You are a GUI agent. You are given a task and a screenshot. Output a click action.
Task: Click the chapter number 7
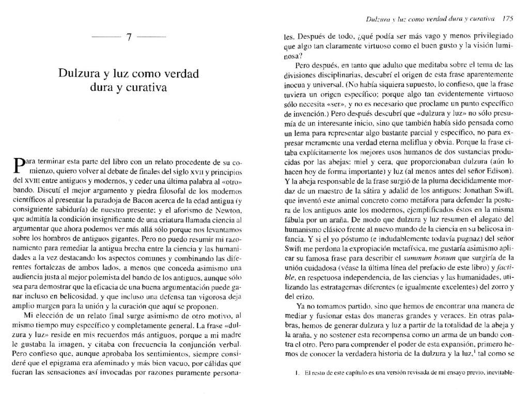click(x=129, y=39)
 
